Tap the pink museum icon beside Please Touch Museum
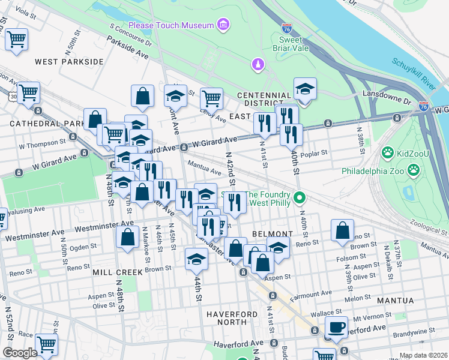point(223,25)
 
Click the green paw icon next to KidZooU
point(388,154)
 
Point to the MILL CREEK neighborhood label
point(118,272)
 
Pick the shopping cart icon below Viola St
point(16,40)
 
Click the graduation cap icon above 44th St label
point(196,259)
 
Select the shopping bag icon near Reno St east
point(342,230)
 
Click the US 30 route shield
point(12,95)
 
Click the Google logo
point(19,353)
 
